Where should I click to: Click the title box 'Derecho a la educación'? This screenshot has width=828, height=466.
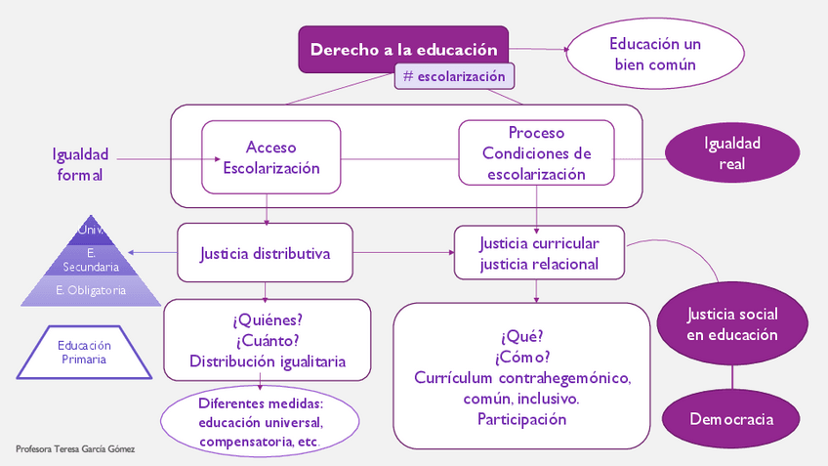[403, 49]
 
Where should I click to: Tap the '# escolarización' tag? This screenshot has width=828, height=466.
[454, 76]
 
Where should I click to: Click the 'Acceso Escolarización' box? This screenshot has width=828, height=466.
[270, 157]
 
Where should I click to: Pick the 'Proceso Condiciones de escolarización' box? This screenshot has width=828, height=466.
[536, 153]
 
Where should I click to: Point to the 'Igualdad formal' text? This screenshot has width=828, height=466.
[80, 164]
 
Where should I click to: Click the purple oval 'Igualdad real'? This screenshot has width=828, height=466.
[731, 153]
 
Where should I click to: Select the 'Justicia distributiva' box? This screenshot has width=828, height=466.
[265, 254]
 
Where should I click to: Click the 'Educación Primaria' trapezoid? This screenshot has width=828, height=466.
[83, 352]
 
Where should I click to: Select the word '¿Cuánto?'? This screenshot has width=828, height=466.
[267, 341]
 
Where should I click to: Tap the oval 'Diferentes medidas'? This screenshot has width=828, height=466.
[260, 422]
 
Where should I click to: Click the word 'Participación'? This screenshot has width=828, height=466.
[521, 419]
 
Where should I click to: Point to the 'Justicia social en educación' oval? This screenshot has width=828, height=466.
[731, 323]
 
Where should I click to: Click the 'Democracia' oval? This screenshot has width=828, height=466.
[731, 419]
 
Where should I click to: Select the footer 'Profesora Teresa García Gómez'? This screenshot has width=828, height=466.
[75, 449]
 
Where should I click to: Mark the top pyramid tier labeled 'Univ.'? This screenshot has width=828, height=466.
[91, 231]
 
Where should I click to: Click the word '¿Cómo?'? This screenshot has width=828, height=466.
[522, 357]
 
